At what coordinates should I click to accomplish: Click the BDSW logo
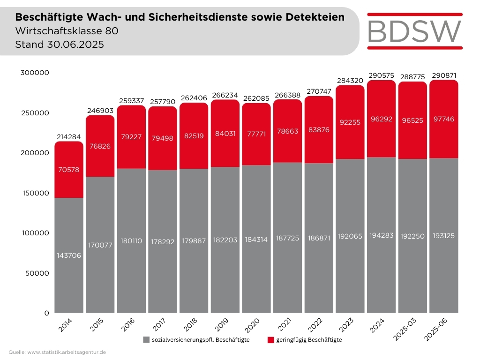pyautogui.click(x=415, y=30)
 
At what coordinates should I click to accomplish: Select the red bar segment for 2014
pyautogui.click(x=69, y=178)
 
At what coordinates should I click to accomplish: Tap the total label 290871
pyautogui.click(x=443, y=75)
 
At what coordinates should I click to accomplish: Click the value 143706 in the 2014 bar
pyautogui.click(x=69, y=255)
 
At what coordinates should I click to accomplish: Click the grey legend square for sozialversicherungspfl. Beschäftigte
pyautogui.click(x=146, y=340)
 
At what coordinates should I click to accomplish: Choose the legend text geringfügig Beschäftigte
pyautogui.click(x=309, y=340)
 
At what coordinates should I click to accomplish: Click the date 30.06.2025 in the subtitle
pyautogui.click(x=75, y=45)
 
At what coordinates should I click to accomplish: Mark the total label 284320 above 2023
pyautogui.click(x=350, y=80)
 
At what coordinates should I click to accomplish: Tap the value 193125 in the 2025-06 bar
pyautogui.click(x=443, y=235)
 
